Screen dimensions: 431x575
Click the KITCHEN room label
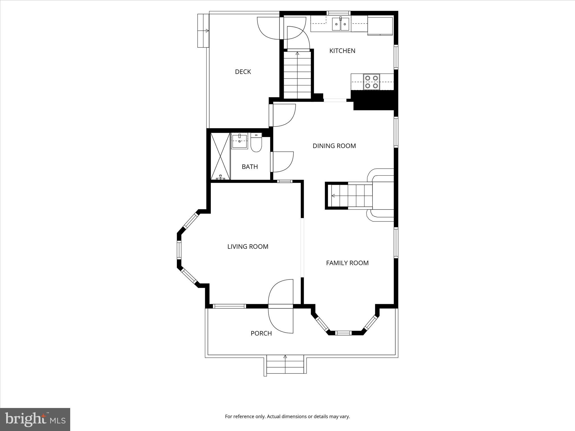pos(342,51)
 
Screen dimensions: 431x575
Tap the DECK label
pos(243,72)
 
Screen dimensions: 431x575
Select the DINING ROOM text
pos(334,146)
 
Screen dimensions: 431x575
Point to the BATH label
pos(250,167)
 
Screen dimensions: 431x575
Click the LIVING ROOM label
pos(248,247)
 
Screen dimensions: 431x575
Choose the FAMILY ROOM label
pos(347,263)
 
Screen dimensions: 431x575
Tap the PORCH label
pos(261,333)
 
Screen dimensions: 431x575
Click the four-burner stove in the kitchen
pos(371,82)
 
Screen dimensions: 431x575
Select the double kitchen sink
pos(340,24)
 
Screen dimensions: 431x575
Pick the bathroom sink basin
pos(239,141)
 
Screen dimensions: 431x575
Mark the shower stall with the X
pos(220,156)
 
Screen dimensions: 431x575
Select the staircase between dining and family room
pos(351,195)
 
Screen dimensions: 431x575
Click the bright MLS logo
pos(35,419)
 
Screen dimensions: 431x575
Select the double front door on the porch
pos(281,306)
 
